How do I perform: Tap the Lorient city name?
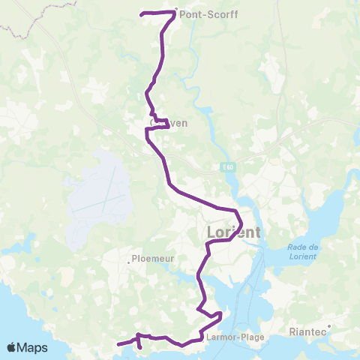click(x=233, y=232)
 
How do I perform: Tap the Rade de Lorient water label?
click(x=302, y=252)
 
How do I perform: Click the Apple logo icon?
click(x=13, y=347)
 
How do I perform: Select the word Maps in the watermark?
click(x=34, y=347)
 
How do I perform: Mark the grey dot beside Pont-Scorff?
click(x=175, y=10)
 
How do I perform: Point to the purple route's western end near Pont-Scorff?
click(x=142, y=14)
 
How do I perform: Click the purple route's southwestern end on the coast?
click(x=118, y=345)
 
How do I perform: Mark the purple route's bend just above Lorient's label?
click(x=238, y=218)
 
